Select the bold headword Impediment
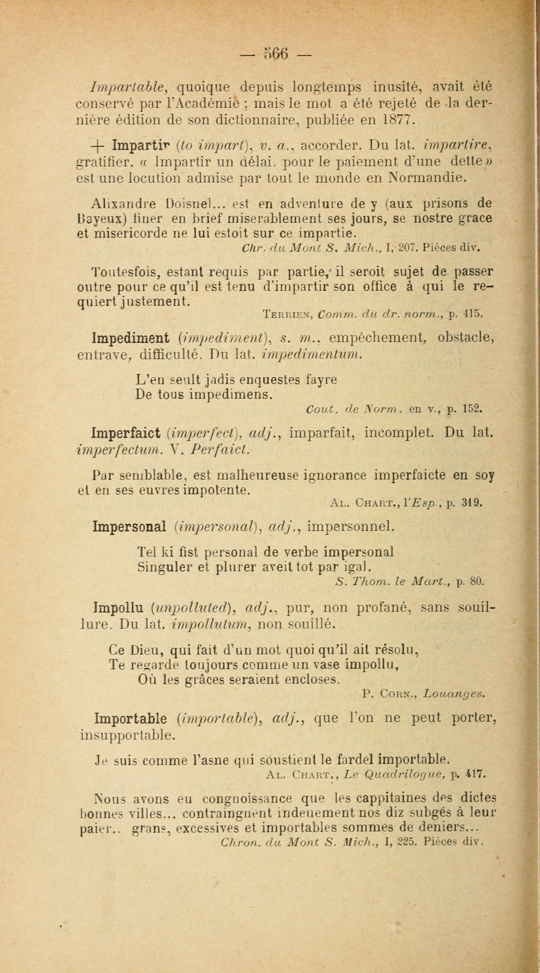pyautogui.click(x=131, y=338)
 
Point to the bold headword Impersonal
pyautogui.click(x=129, y=527)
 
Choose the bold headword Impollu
pyautogui.click(x=118, y=608)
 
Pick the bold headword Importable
pyautogui.click(x=130, y=718)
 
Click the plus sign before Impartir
pyautogui.click(x=98, y=145)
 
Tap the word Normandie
pyautogui.click(x=426, y=177)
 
